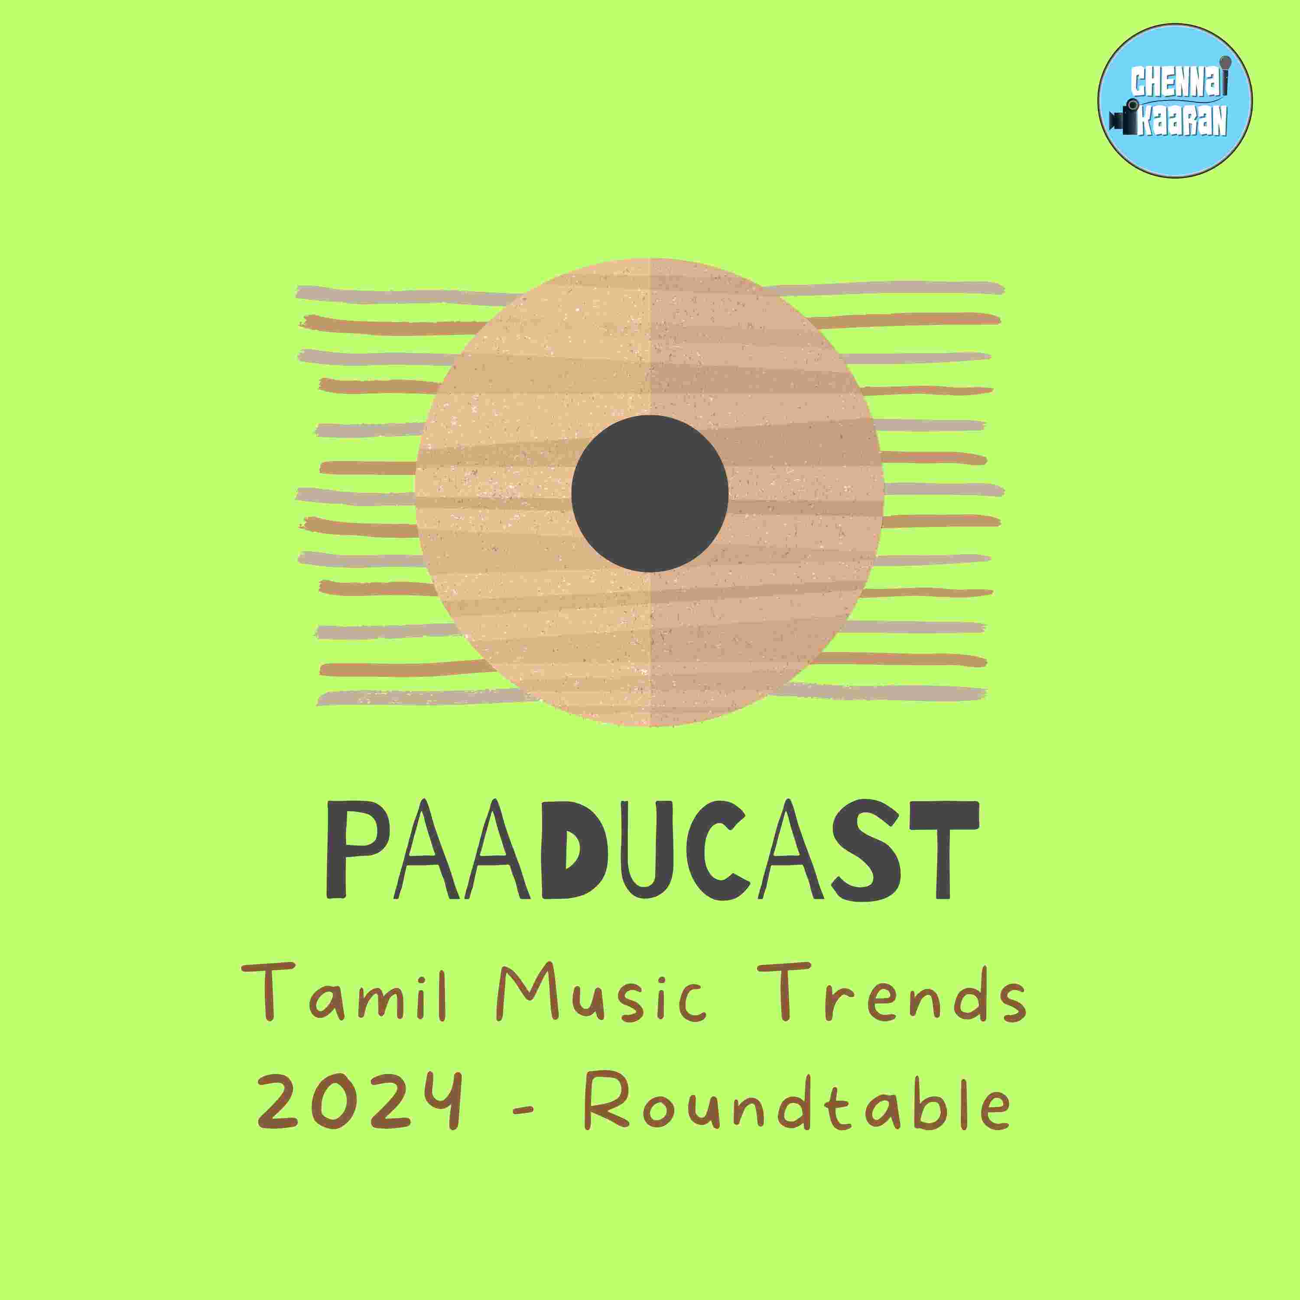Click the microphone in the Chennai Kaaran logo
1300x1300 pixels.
1225,67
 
